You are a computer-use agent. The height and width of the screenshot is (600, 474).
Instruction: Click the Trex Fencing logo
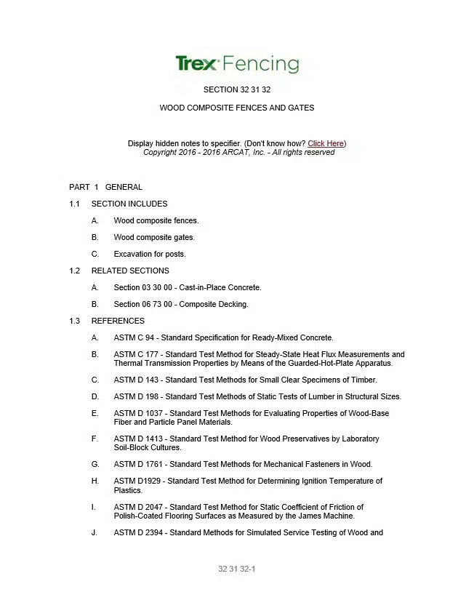pyautogui.click(x=237, y=64)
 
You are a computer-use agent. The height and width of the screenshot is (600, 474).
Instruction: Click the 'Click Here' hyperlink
pyautogui.click(x=326, y=143)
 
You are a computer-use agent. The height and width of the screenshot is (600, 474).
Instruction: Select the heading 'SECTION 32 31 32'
pyautogui.click(x=237, y=89)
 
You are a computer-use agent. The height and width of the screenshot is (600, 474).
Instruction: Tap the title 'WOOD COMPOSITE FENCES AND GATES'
pyautogui.click(x=237, y=108)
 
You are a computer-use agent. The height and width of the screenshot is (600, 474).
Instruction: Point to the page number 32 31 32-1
pyautogui.click(x=237, y=569)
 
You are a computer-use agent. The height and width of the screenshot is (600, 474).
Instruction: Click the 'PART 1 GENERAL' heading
pyautogui.click(x=105, y=187)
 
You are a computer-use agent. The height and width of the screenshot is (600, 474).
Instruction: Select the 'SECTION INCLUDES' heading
pyautogui.click(x=129, y=204)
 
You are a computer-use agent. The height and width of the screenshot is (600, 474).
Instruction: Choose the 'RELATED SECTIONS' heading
pyautogui.click(x=130, y=271)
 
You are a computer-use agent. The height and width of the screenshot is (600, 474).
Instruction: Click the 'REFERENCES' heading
pyautogui.click(x=118, y=321)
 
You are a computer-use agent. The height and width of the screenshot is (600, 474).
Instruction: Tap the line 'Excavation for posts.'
pyautogui.click(x=150, y=254)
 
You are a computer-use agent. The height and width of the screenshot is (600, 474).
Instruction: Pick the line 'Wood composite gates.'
pyautogui.click(x=154, y=237)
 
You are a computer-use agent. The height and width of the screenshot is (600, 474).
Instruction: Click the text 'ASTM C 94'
pyautogui.click(x=134, y=337)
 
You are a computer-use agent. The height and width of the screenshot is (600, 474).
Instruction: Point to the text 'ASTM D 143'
pyautogui.click(x=136, y=380)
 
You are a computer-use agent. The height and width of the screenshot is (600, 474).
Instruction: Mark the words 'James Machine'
pyautogui.click(x=328, y=516)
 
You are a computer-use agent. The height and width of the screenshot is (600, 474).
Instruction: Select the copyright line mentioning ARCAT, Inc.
pyautogui.click(x=238, y=152)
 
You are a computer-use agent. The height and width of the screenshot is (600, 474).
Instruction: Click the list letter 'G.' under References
pyautogui.click(x=95, y=464)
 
